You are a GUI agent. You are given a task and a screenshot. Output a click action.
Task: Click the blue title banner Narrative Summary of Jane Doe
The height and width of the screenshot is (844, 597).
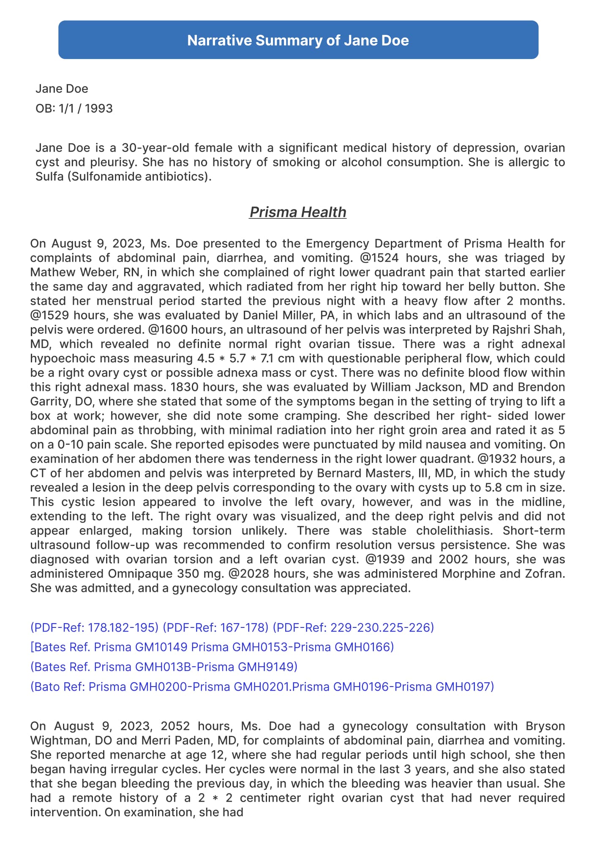click(298, 40)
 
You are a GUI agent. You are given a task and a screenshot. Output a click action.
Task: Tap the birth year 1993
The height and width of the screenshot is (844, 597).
click(98, 109)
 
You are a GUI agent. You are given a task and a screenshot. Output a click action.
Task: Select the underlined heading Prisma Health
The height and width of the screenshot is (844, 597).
click(298, 212)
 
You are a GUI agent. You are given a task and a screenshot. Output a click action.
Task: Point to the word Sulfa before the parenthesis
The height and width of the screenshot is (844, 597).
click(49, 176)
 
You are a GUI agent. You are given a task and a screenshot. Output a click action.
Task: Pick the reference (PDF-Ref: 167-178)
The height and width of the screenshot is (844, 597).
click(215, 627)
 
